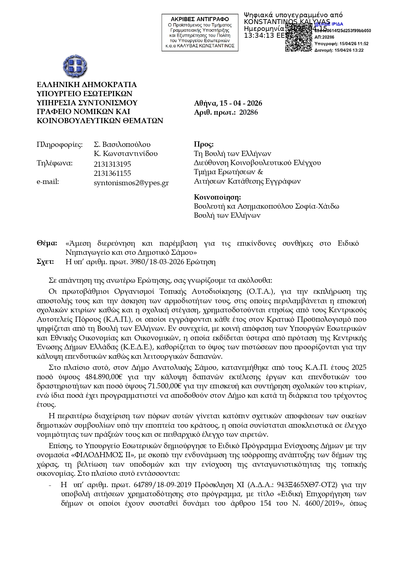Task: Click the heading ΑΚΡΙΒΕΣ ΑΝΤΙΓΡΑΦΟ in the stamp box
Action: point(200,19)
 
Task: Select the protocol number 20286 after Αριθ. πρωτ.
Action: point(248,112)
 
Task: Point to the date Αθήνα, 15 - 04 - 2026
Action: point(228,103)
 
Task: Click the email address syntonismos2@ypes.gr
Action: point(131,183)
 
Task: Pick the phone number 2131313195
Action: point(112,164)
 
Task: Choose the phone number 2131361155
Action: point(112,174)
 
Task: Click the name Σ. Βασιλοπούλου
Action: point(122,145)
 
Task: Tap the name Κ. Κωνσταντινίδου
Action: point(126,154)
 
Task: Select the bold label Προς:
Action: point(204,144)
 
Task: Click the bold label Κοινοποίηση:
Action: point(217,197)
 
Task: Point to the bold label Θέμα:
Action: point(47,243)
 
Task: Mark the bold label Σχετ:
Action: point(45,262)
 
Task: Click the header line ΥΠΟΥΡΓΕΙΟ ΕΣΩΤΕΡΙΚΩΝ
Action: point(84,94)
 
